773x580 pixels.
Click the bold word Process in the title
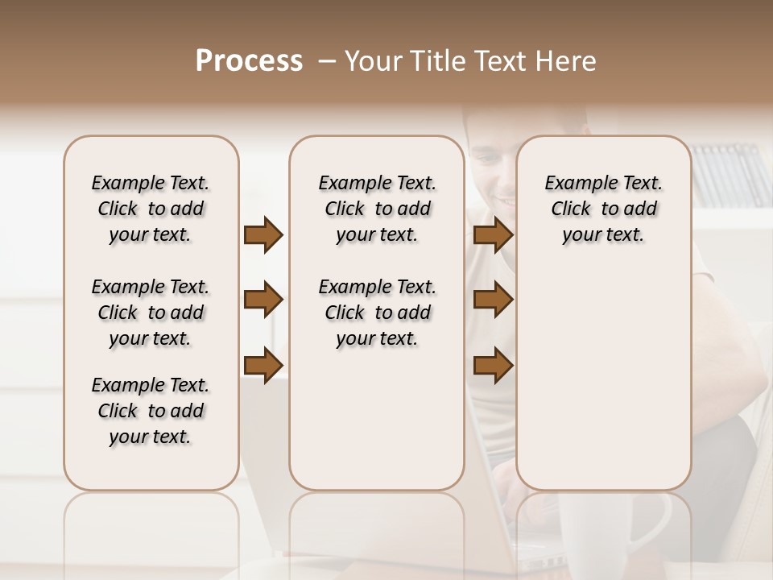[249, 61]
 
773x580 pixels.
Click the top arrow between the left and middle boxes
[263, 235]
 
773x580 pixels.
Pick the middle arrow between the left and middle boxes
[263, 300]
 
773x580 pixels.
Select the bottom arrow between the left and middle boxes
[263, 366]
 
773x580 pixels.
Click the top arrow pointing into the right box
[493, 235]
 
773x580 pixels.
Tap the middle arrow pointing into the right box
[493, 300]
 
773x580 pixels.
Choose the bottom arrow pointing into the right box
[493, 366]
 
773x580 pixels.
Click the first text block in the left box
[151, 209]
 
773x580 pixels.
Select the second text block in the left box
[151, 313]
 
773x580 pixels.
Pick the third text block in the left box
[151, 411]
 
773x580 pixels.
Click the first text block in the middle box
[377, 209]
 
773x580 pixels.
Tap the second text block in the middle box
[377, 313]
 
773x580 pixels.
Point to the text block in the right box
[603, 209]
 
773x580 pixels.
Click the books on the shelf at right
[729, 173]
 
